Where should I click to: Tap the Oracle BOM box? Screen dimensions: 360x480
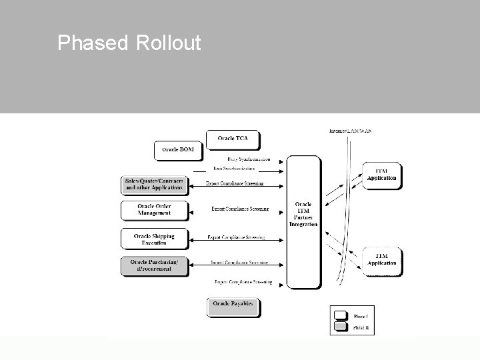[178, 150]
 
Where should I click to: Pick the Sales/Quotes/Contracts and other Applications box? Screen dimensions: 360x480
[154, 185]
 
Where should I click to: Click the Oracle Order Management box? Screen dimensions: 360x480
[154, 210]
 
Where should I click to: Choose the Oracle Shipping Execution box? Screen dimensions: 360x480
[154, 239]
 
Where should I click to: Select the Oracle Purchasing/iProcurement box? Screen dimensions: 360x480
[154, 265]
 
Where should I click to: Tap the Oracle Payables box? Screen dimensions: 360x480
[233, 307]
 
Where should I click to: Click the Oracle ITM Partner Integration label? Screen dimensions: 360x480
[303, 214]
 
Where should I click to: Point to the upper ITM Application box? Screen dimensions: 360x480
[382, 175]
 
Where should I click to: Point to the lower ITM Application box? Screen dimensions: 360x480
[382, 259]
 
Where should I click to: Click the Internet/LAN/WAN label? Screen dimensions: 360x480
[351, 131]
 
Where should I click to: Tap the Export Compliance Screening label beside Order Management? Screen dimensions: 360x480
[239, 209]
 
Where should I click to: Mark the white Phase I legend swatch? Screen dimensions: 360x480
[341, 315]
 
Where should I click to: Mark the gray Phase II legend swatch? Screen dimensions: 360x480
[341, 327]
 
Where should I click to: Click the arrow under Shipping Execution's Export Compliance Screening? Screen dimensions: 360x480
[237, 242]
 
